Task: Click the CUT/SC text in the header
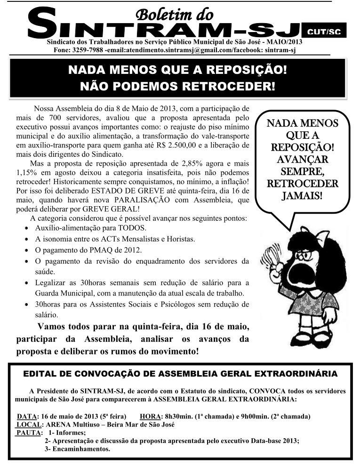pos(324,32)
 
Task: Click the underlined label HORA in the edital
pos(150,417)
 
